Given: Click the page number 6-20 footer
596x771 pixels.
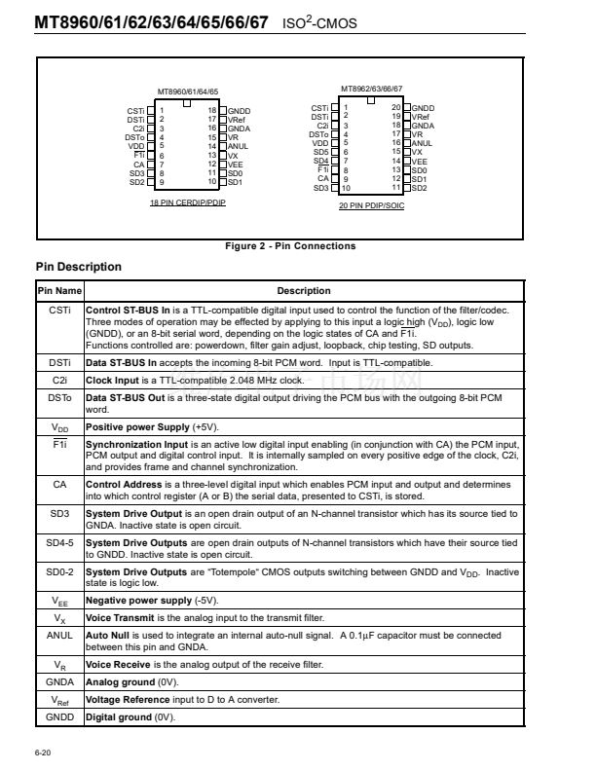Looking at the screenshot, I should pos(44,752).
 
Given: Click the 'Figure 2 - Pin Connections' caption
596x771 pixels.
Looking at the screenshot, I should pos(290,245).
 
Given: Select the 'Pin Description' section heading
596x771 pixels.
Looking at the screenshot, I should pos(78,267).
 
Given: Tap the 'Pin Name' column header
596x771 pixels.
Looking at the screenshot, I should pos(59,291).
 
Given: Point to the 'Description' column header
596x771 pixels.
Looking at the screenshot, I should pos(304,291).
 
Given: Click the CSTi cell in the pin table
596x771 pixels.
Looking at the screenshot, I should pos(59,310).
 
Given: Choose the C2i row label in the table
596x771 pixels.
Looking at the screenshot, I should pos(59,380).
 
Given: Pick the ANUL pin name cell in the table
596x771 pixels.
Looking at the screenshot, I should pos(59,635).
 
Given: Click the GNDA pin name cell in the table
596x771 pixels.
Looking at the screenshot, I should pos(59,682).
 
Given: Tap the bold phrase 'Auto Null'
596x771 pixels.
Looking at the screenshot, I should pos(108,635).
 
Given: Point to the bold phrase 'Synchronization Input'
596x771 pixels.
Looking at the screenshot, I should pos(135,443).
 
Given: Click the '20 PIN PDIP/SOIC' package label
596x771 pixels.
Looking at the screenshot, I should pos(370,206).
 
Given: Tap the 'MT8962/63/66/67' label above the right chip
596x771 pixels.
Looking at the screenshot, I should pos(371,88).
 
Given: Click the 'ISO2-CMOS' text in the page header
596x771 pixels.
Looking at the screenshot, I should pos(321,20).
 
